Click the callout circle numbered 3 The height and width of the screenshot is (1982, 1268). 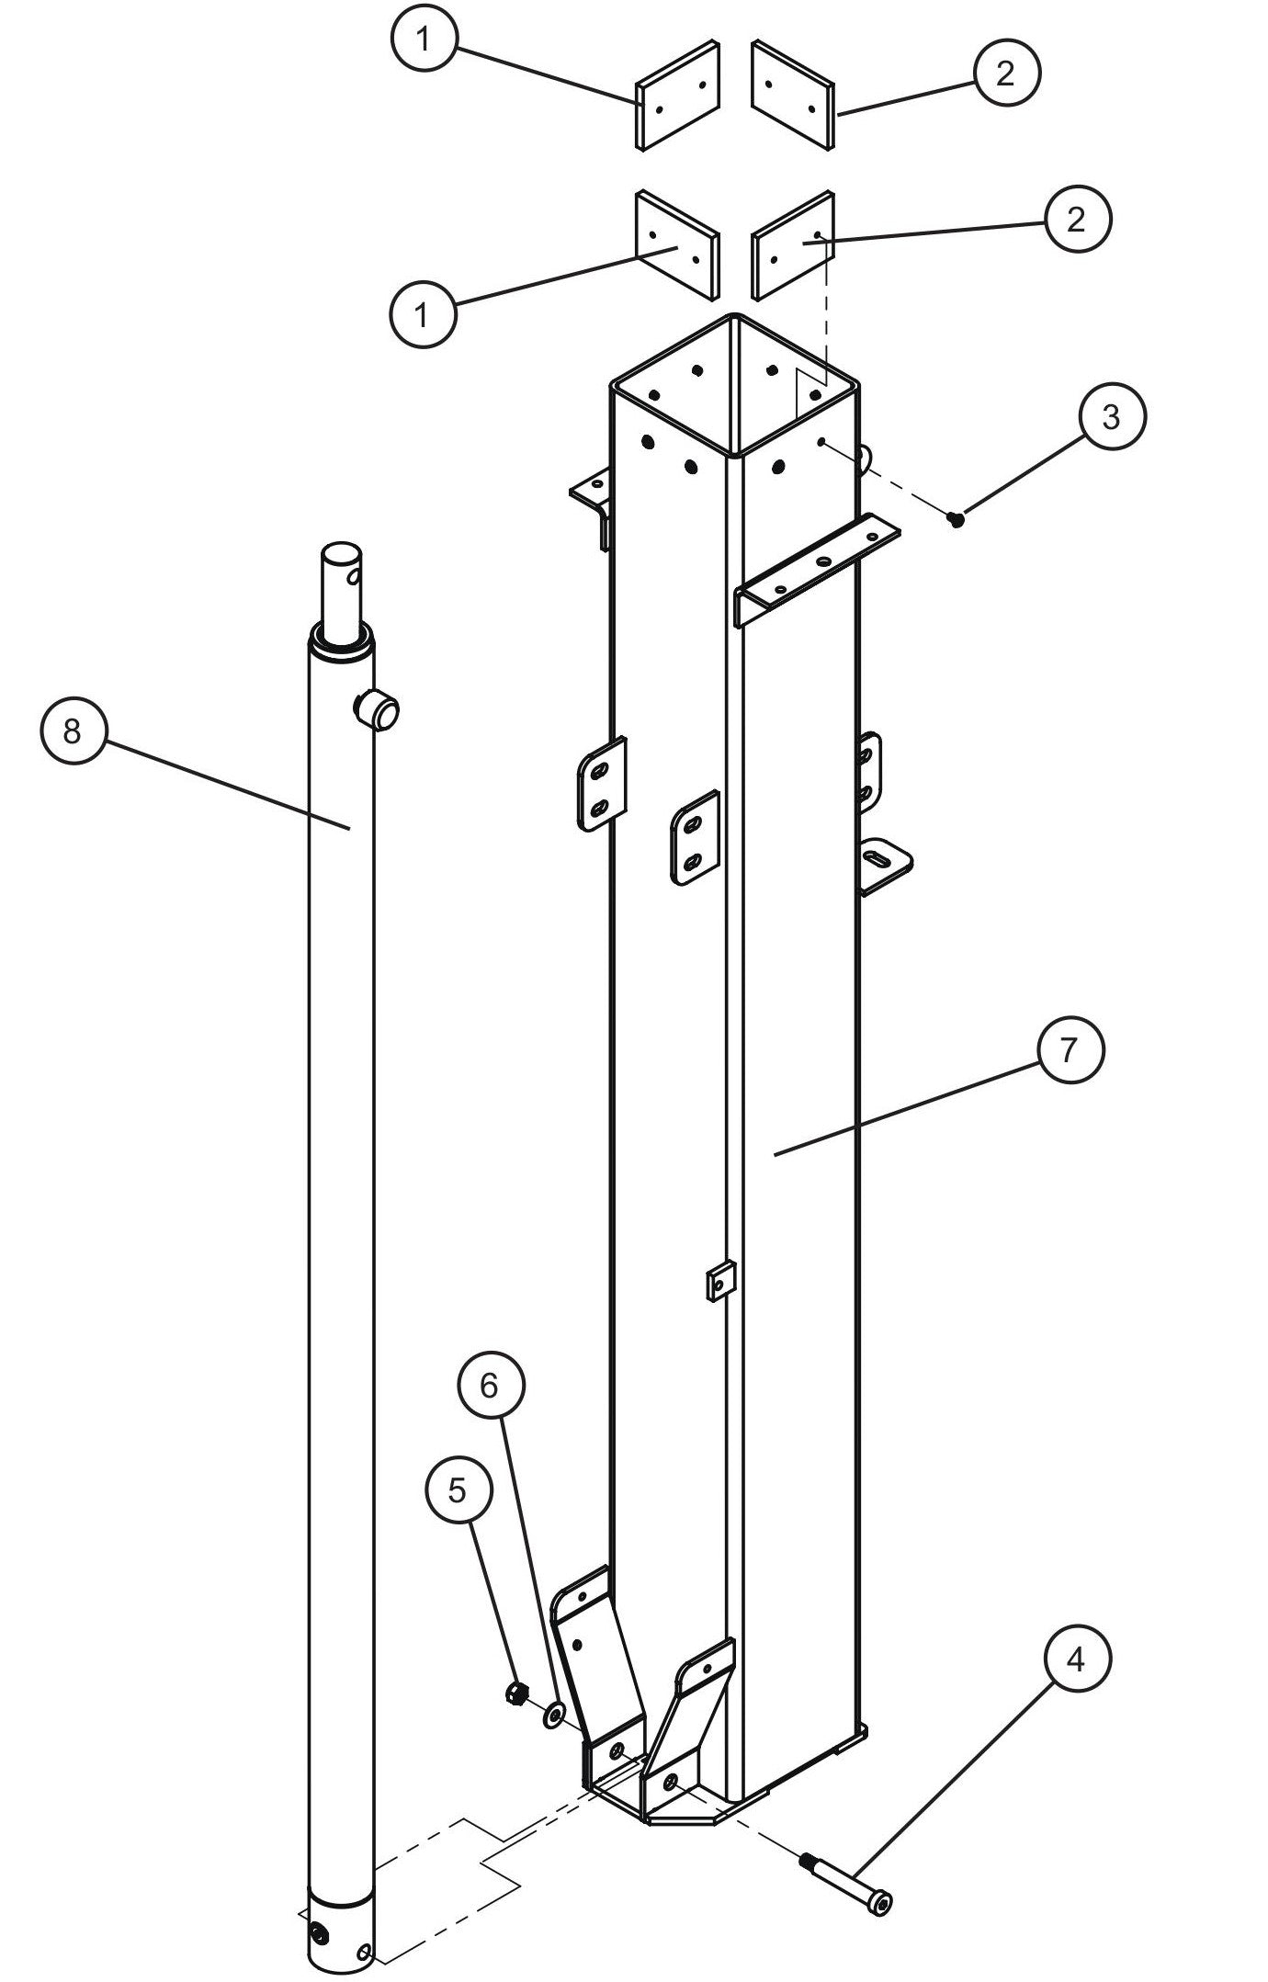(1111, 417)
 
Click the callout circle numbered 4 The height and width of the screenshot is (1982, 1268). (1077, 1660)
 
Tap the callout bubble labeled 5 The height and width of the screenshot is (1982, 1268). (458, 1490)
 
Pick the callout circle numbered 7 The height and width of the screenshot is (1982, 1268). (1069, 1050)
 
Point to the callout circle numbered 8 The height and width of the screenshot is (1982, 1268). (74, 731)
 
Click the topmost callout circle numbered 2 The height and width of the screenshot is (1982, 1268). (1006, 74)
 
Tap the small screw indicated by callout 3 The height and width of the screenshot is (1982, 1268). (957, 520)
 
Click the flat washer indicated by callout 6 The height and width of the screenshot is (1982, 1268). (554, 1713)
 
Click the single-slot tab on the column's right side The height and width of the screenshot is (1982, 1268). (885, 863)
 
